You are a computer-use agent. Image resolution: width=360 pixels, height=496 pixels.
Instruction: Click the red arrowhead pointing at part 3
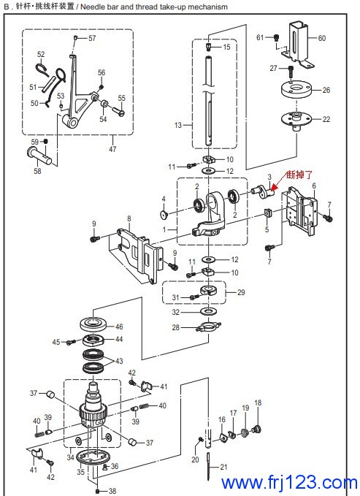(274, 188)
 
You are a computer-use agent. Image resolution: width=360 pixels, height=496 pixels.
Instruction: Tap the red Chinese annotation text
(299, 175)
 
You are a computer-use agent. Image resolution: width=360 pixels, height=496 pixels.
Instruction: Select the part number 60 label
(322, 38)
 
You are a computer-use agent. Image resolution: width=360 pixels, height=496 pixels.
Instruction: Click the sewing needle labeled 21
(209, 466)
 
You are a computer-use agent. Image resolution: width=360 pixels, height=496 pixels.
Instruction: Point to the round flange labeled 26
(296, 90)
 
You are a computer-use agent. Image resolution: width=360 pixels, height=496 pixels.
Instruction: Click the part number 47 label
(112, 148)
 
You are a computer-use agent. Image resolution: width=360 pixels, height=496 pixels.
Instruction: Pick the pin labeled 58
(39, 156)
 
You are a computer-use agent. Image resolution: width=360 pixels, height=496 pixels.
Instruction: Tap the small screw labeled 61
(277, 37)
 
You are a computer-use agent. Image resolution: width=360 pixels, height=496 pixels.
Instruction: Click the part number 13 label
(178, 125)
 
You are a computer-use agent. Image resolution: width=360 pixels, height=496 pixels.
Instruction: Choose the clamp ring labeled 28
(209, 326)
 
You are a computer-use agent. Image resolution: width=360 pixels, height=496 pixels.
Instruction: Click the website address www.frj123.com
(289, 482)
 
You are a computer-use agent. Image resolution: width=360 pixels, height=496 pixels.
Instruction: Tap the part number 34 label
(70, 457)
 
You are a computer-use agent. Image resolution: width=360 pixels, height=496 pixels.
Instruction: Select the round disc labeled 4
(164, 215)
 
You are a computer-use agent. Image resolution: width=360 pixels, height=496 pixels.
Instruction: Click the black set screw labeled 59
(45, 141)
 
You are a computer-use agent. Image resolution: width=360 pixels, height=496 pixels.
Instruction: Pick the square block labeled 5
(268, 213)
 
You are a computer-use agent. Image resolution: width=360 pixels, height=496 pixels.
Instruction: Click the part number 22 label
(326, 119)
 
